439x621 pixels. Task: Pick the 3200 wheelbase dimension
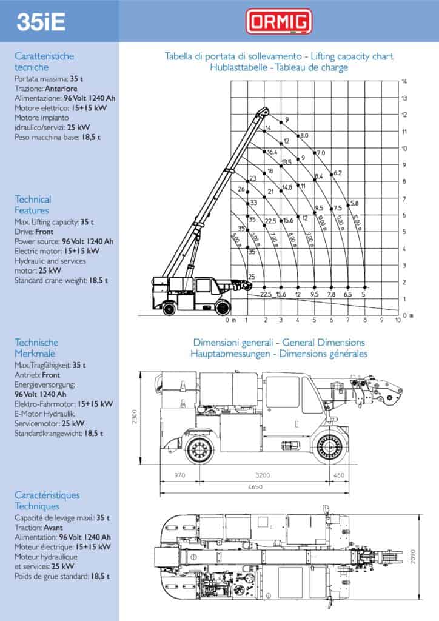click(x=262, y=475)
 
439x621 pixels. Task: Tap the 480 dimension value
click(x=338, y=475)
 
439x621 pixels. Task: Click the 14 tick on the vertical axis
click(x=404, y=81)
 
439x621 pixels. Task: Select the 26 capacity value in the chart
click(x=241, y=190)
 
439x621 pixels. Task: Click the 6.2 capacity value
click(x=338, y=173)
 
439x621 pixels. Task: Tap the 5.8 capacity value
click(x=355, y=203)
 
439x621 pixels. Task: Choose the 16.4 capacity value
click(x=272, y=152)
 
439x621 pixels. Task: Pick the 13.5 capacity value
click(x=287, y=163)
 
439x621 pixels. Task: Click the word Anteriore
click(x=61, y=88)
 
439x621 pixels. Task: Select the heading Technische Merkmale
click(x=36, y=348)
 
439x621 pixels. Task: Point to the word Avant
click(x=53, y=528)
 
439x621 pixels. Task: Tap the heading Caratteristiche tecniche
click(x=44, y=62)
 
